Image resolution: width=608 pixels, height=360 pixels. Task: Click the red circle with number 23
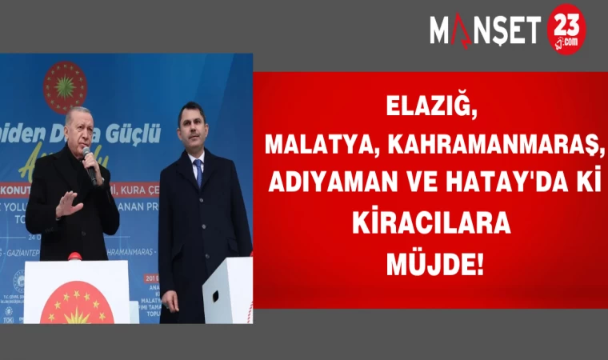(566, 30)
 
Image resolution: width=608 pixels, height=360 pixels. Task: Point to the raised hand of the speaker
(68, 205)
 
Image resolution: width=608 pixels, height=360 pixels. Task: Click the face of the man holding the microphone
(78, 129)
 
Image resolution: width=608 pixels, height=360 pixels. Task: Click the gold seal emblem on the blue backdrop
(66, 86)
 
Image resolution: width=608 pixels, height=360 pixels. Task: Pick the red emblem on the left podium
(76, 306)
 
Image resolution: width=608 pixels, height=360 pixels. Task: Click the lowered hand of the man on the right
(170, 300)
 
